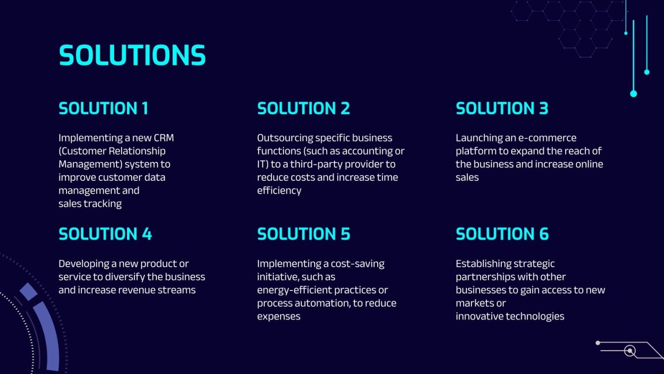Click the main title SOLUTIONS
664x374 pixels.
[132, 55]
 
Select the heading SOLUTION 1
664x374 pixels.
[103, 108]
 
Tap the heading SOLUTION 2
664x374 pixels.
[303, 108]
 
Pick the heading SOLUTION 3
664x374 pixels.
[502, 108]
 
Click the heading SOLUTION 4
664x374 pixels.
[105, 234]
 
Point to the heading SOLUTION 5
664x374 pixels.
[303, 234]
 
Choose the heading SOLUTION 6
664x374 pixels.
[502, 234]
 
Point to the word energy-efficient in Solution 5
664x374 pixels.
[294, 290]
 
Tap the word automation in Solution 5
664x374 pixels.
[326, 303]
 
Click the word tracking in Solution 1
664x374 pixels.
[103, 203]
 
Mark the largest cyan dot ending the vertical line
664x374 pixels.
[633, 93]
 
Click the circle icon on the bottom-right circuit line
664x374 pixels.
[630, 351]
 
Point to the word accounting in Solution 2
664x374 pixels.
[366, 151]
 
